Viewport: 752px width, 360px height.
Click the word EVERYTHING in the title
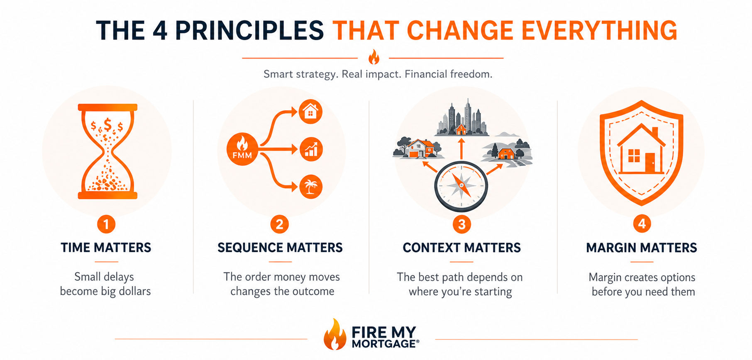tap(599, 30)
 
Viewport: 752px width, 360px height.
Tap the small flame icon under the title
tap(374, 57)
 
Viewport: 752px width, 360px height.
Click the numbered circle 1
tap(106, 224)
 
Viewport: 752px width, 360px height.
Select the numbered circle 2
tap(280, 224)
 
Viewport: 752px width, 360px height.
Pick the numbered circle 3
tap(461, 224)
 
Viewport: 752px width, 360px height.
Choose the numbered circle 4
tap(642, 224)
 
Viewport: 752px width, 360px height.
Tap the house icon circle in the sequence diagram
tap(310, 112)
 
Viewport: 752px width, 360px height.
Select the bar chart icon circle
tap(310, 149)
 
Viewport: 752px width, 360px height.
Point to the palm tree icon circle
tap(310, 187)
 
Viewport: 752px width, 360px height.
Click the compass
tap(461, 186)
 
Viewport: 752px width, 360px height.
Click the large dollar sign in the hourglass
tap(108, 124)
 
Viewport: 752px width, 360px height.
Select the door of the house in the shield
tap(649, 163)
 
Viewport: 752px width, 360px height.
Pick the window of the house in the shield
tap(634, 156)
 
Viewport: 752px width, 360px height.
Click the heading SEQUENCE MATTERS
tap(280, 248)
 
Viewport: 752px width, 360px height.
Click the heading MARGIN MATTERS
tap(642, 248)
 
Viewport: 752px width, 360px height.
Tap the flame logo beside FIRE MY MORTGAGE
tap(335, 334)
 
